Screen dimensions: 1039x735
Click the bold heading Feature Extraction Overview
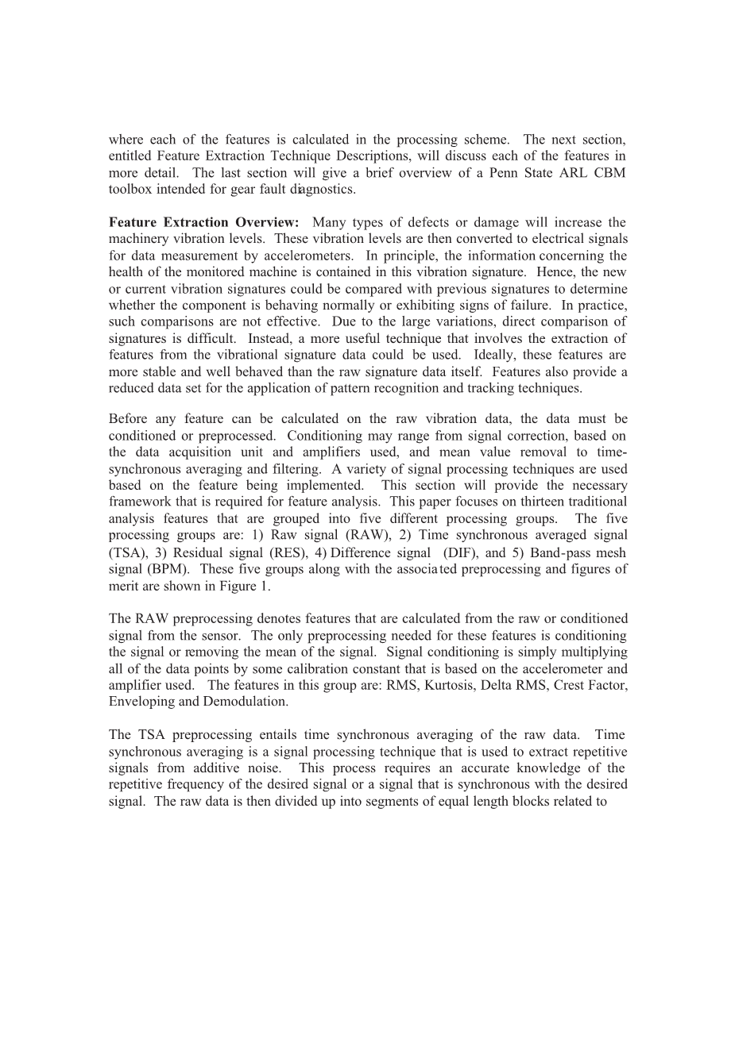point(203,222)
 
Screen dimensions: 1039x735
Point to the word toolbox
point(128,190)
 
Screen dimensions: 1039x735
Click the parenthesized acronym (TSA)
point(126,552)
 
